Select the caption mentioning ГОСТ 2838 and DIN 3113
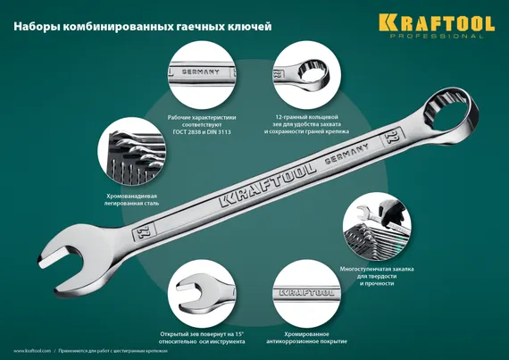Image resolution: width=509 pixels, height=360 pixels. pyautogui.click(x=201, y=125)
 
